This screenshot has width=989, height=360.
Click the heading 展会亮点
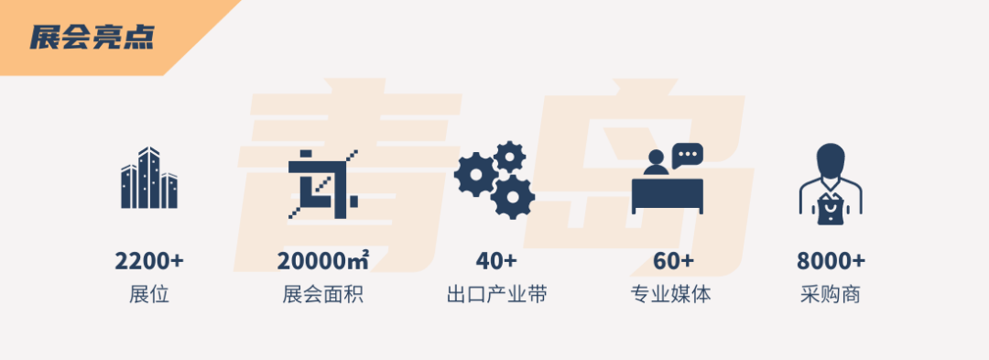coord(92,38)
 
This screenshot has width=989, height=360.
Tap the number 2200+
coord(149,260)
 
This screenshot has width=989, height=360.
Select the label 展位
coord(149,294)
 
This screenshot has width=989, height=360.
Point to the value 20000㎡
coord(323,260)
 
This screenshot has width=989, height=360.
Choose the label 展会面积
coord(323,294)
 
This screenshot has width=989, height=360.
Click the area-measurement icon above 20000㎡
coord(323,184)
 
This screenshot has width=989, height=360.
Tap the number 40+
coord(495,260)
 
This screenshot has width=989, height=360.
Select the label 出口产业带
coord(495,294)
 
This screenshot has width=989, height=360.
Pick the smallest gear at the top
coord(509,157)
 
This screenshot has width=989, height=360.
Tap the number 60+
coord(674,260)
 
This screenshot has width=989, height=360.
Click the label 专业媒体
coord(670,294)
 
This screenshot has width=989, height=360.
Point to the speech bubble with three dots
coord(687,155)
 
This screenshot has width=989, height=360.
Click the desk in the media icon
coord(668,196)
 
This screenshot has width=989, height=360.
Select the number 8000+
coord(831,260)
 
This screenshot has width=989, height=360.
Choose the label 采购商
coord(831,294)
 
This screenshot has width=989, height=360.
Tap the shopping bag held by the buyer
coord(831,210)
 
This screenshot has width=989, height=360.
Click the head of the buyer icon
coord(831,161)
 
